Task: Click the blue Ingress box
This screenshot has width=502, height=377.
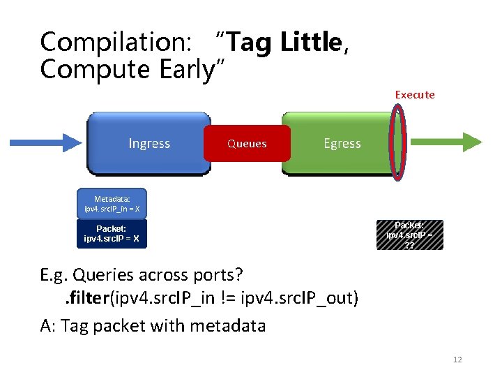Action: click(149, 143)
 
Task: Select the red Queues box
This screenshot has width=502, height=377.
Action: click(247, 144)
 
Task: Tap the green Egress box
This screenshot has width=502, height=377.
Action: click(342, 143)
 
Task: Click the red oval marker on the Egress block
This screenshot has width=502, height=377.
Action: click(398, 143)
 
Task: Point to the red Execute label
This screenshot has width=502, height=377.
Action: click(414, 94)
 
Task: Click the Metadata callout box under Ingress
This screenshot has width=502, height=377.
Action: click(112, 202)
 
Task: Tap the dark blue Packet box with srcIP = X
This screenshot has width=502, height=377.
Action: click(112, 234)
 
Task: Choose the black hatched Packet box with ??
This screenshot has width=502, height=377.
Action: click(409, 235)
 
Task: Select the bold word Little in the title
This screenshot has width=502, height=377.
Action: click(311, 43)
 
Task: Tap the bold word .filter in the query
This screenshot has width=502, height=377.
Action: click(84, 299)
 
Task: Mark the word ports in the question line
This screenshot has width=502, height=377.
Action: click(220, 274)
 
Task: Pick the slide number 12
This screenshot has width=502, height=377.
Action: click(457, 360)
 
